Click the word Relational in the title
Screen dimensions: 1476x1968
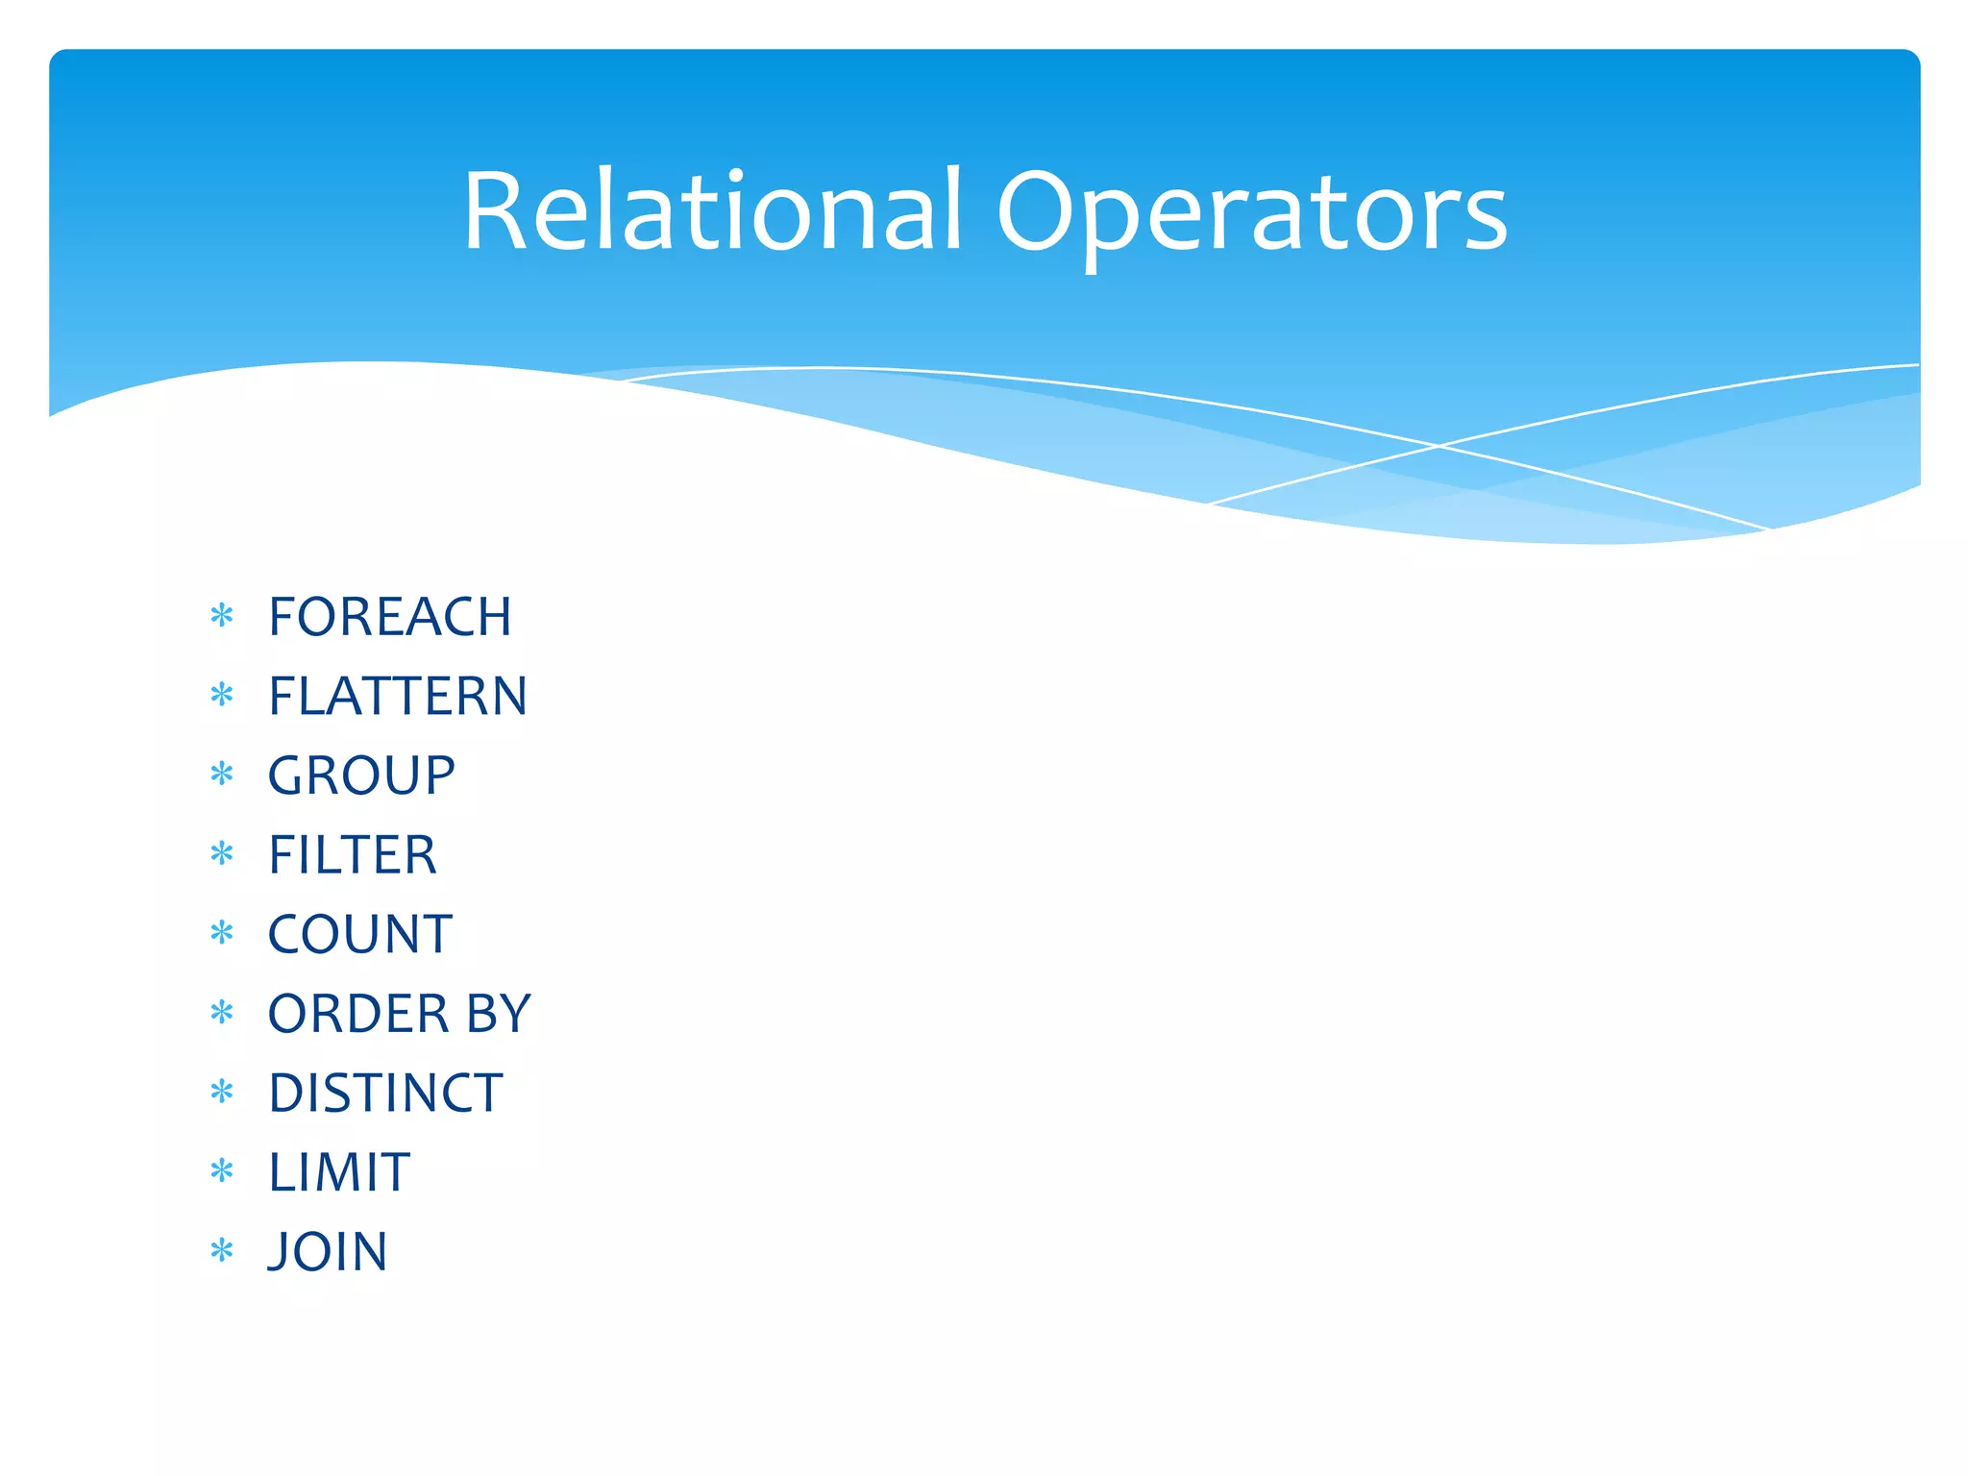tap(712, 210)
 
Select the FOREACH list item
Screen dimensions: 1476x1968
tap(389, 617)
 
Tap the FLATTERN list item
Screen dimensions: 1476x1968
tap(397, 696)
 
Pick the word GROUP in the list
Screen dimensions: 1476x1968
tap(361, 775)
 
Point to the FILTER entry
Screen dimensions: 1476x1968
tap(352, 855)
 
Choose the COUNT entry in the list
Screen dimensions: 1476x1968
tap(359, 934)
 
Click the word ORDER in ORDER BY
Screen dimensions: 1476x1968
tap(358, 1014)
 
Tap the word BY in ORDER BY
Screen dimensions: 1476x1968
tap(499, 1014)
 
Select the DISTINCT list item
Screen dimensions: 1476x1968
tap(384, 1094)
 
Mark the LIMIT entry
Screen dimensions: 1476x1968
tap(339, 1172)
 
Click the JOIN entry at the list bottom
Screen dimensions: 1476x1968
tap(328, 1252)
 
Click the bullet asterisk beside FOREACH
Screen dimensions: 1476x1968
tap(222, 615)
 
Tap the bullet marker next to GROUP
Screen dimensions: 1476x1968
tap(222, 774)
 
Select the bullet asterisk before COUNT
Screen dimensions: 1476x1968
tap(222, 932)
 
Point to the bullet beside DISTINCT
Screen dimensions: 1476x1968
tap(222, 1092)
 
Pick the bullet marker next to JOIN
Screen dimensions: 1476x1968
tap(222, 1250)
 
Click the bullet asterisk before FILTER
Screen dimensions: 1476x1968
tap(222, 853)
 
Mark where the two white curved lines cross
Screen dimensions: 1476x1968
tap(1439, 446)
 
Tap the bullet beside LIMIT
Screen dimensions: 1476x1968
tap(222, 1170)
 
